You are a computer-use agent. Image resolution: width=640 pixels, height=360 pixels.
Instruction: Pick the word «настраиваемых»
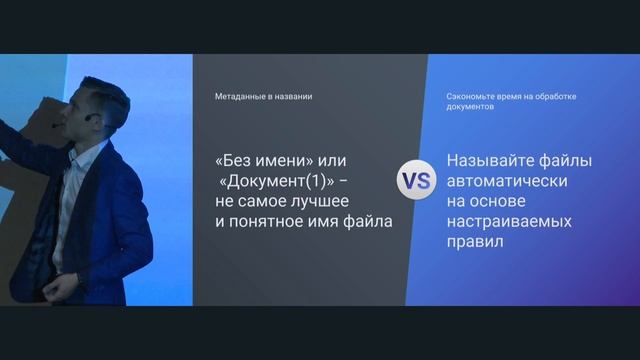(x=510, y=221)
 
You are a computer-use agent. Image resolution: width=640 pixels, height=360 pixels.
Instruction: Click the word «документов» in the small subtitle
(x=471, y=106)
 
